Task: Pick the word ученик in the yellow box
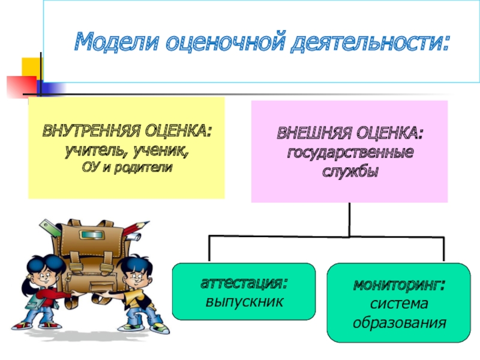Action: click(164, 149)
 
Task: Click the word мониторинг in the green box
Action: click(398, 283)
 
